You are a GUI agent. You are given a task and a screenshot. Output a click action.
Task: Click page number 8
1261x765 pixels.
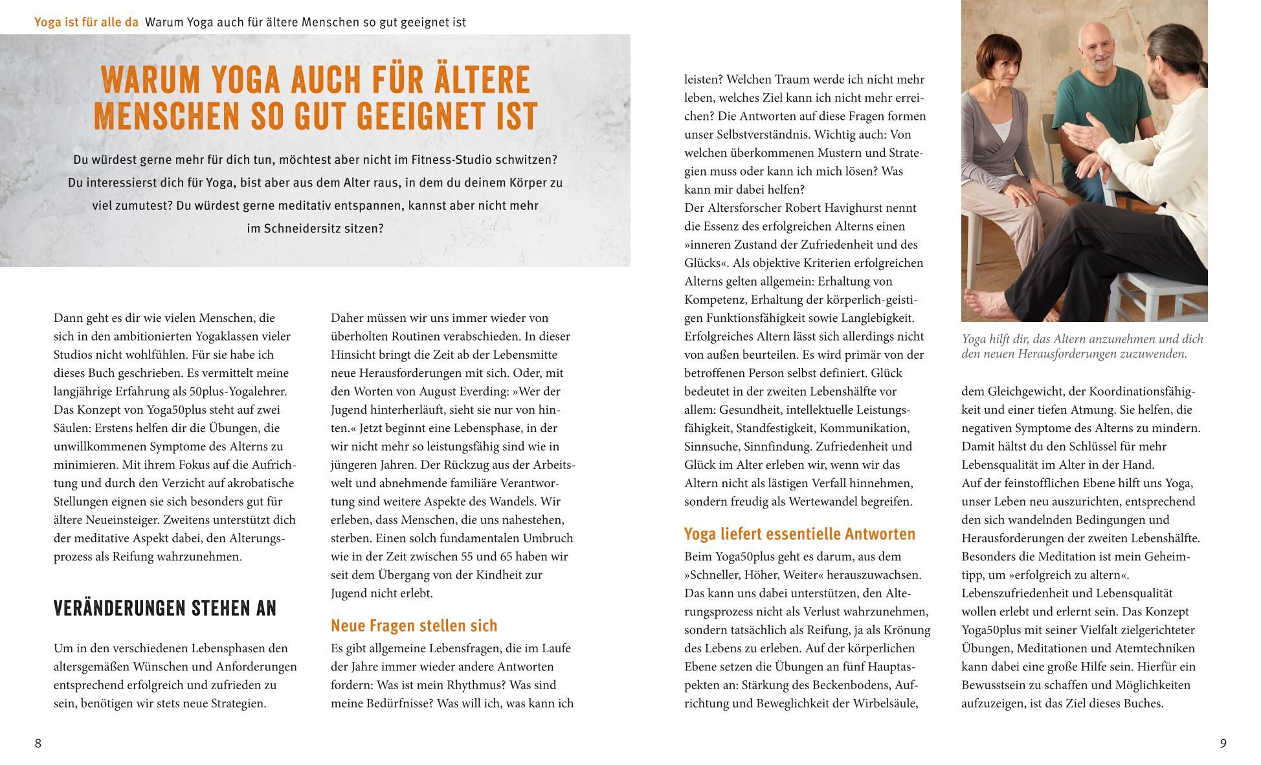38,744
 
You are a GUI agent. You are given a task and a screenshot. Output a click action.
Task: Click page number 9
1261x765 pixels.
1223,744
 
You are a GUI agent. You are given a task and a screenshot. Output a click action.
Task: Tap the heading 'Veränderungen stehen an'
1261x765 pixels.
165,609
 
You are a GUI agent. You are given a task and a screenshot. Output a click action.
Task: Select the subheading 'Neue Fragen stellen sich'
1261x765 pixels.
414,626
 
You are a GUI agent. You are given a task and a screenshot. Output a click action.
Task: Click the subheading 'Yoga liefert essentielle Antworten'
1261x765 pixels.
799,534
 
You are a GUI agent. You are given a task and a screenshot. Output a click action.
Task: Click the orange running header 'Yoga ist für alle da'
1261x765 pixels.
86,23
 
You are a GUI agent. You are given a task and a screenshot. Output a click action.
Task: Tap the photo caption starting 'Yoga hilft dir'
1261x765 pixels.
1082,347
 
